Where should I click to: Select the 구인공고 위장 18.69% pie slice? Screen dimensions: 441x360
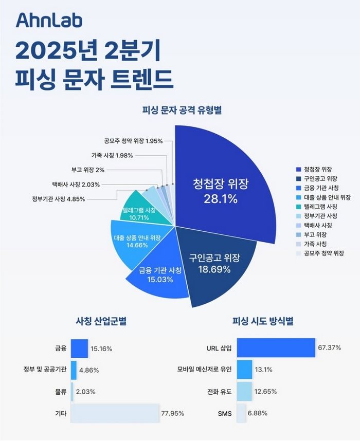point(216,262)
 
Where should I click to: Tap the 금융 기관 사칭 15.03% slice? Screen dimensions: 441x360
point(159,275)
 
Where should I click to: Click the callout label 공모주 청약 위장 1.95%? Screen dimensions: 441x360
point(133,140)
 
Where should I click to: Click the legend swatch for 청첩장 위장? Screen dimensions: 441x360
point(298,170)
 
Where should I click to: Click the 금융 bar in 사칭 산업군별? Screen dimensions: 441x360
point(79,348)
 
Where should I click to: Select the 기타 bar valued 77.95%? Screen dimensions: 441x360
point(115,413)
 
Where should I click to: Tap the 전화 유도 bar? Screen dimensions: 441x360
point(244,391)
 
